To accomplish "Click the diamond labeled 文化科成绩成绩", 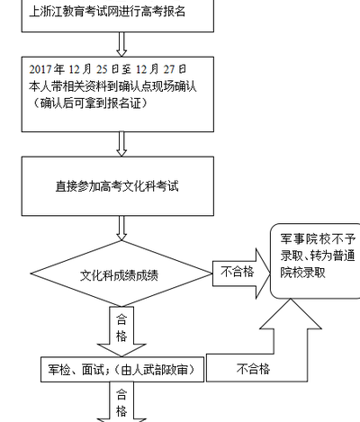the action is [121, 274].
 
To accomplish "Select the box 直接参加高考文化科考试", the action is [118, 186].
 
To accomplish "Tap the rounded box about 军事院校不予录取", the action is [316, 261].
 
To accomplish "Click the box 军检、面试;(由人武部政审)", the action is [122, 370].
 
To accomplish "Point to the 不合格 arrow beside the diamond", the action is [241, 274].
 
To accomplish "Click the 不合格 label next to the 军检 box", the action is [253, 369].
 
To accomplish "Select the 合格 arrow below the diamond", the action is [121, 331].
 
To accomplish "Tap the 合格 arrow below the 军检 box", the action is [121, 402].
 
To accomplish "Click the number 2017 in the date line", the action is [40, 69].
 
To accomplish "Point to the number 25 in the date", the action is [102, 69].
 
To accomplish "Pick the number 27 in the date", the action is [169, 69].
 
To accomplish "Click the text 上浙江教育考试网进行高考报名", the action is [107, 12].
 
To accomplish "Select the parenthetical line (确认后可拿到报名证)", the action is [90, 103].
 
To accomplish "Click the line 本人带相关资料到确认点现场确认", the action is [112, 86].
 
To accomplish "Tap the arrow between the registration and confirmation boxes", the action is [121, 44].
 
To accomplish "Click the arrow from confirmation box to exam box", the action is [121, 144].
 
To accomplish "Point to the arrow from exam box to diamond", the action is [121, 229].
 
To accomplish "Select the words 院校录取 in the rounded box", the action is [302, 273].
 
